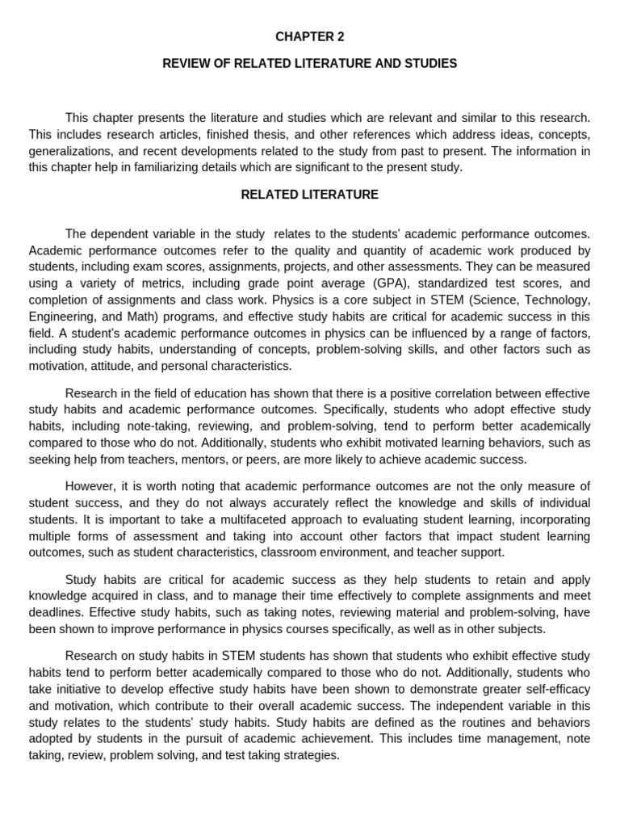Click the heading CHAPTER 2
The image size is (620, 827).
[309, 36]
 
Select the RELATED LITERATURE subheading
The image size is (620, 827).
[309, 195]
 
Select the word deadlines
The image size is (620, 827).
[57, 612]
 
